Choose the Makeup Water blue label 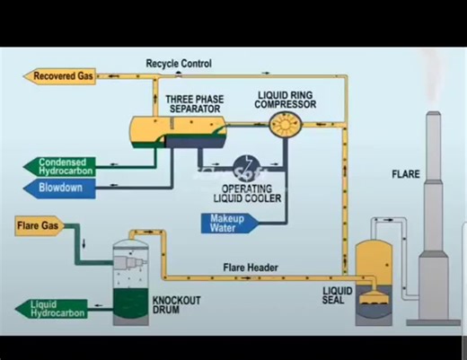(x=230, y=223)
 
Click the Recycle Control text (x=179, y=64)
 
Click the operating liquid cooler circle (x=243, y=167)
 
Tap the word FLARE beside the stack (x=406, y=174)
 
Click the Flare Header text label (x=251, y=267)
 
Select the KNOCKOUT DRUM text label (x=176, y=306)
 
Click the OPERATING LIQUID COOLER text (x=245, y=195)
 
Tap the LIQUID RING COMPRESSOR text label (x=286, y=99)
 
